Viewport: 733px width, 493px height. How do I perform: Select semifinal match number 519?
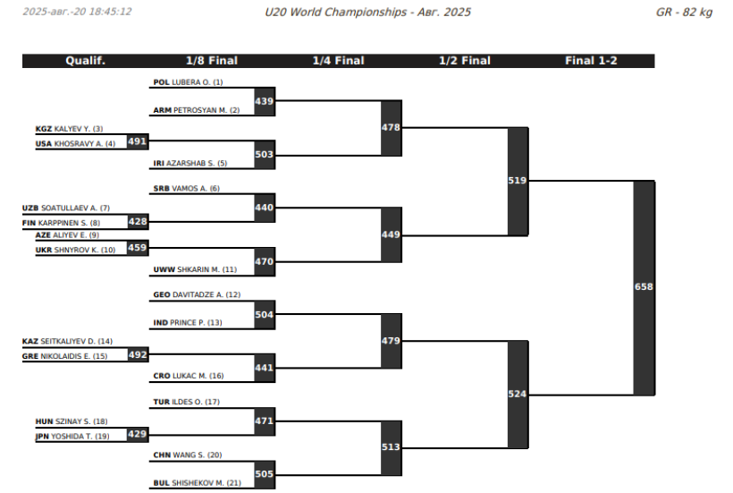pyautogui.click(x=518, y=181)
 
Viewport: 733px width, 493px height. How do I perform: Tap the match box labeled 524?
pyautogui.click(x=518, y=395)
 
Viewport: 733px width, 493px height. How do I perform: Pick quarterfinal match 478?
pyautogui.click(x=392, y=128)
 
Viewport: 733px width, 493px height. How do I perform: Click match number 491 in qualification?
pyautogui.click(x=138, y=141)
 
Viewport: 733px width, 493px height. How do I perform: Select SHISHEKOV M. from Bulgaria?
pyautogui.click(x=198, y=483)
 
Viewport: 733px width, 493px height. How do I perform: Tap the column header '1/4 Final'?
pyautogui.click(x=339, y=61)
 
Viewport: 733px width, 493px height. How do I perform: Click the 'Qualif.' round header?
pyautogui.click(x=86, y=61)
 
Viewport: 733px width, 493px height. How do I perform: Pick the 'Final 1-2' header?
pyautogui.click(x=592, y=61)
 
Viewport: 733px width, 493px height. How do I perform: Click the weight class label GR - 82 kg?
pyautogui.click(x=684, y=13)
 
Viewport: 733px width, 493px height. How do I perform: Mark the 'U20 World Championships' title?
pyautogui.click(x=335, y=13)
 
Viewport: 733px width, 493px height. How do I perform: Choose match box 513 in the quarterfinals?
pyautogui.click(x=392, y=447)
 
